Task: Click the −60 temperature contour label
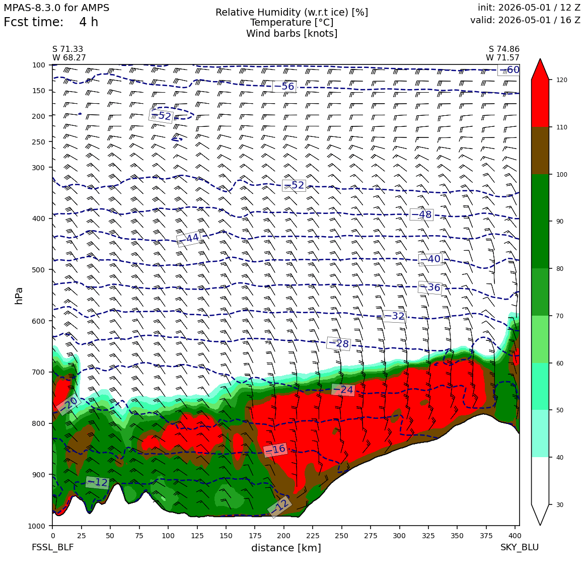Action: [509, 69]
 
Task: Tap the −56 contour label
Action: [284, 87]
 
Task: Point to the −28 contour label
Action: [338, 343]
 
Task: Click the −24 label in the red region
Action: [343, 390]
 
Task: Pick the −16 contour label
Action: [275, 450]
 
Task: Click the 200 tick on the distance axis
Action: [284, 536]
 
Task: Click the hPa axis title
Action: [19, 296]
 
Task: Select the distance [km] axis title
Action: [286, 548]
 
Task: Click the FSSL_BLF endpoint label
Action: [52, 547]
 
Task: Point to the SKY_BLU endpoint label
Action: [519, 547]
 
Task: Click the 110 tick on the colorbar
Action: [562, 127]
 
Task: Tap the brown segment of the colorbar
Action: [540, 151]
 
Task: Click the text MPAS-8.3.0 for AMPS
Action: [56, 8]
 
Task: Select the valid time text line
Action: [525, 20]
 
